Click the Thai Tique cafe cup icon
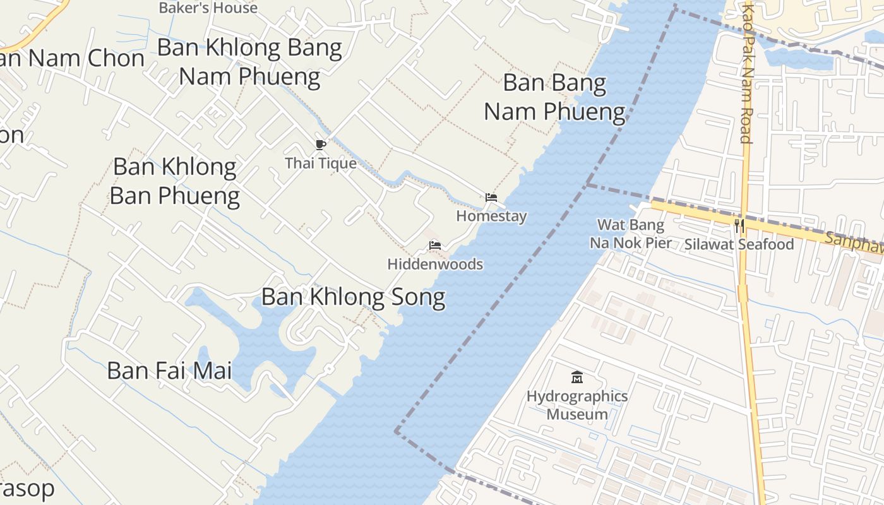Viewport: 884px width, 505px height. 321,145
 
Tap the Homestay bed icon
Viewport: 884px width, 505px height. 491,198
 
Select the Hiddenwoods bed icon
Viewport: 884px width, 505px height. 434,246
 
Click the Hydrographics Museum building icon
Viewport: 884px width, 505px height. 576,377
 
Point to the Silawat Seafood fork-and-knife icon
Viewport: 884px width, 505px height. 739,226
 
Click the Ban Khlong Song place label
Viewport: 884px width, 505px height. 353,297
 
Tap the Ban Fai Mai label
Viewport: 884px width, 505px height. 169,371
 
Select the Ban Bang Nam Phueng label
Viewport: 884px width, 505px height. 554,97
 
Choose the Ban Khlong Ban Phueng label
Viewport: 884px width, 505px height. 174,181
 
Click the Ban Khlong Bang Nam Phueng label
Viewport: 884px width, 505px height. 249,62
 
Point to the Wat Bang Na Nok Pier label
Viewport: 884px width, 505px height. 630,234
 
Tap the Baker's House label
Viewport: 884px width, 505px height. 208,8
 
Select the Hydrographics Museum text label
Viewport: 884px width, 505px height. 576,405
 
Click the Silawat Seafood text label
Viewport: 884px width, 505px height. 739,244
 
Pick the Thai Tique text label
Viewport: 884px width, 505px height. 321,163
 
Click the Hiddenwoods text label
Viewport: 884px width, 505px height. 435,264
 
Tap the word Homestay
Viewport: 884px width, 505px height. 491,216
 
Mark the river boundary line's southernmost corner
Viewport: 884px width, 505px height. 397,431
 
